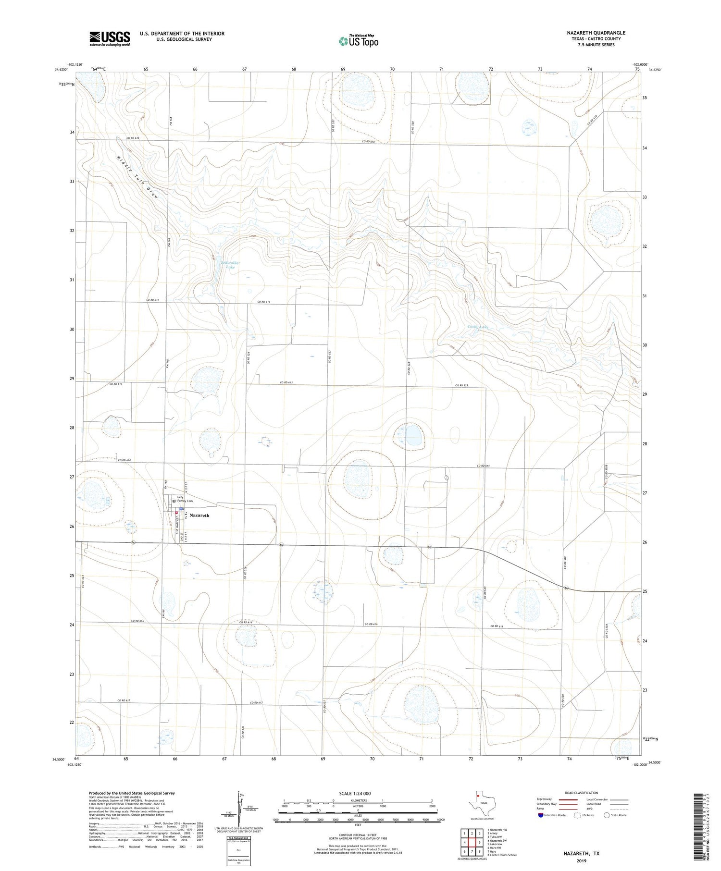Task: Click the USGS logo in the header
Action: [x=110, y=38]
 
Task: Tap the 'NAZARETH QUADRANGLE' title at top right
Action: [x=596, y=33]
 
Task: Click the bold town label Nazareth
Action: [x=199, y=515]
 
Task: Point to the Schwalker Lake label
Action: [x=230, y=265]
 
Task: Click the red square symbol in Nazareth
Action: [x=176, y=513]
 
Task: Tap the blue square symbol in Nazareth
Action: [x=182, y=508]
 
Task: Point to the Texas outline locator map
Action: [x=480, y=805]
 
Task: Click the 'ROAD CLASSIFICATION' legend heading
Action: [x=582, y=793]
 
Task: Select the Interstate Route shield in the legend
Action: [x=541, y=815]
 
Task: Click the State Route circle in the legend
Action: [x=607, y=815]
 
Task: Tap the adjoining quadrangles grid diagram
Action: [x=472, y=842]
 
